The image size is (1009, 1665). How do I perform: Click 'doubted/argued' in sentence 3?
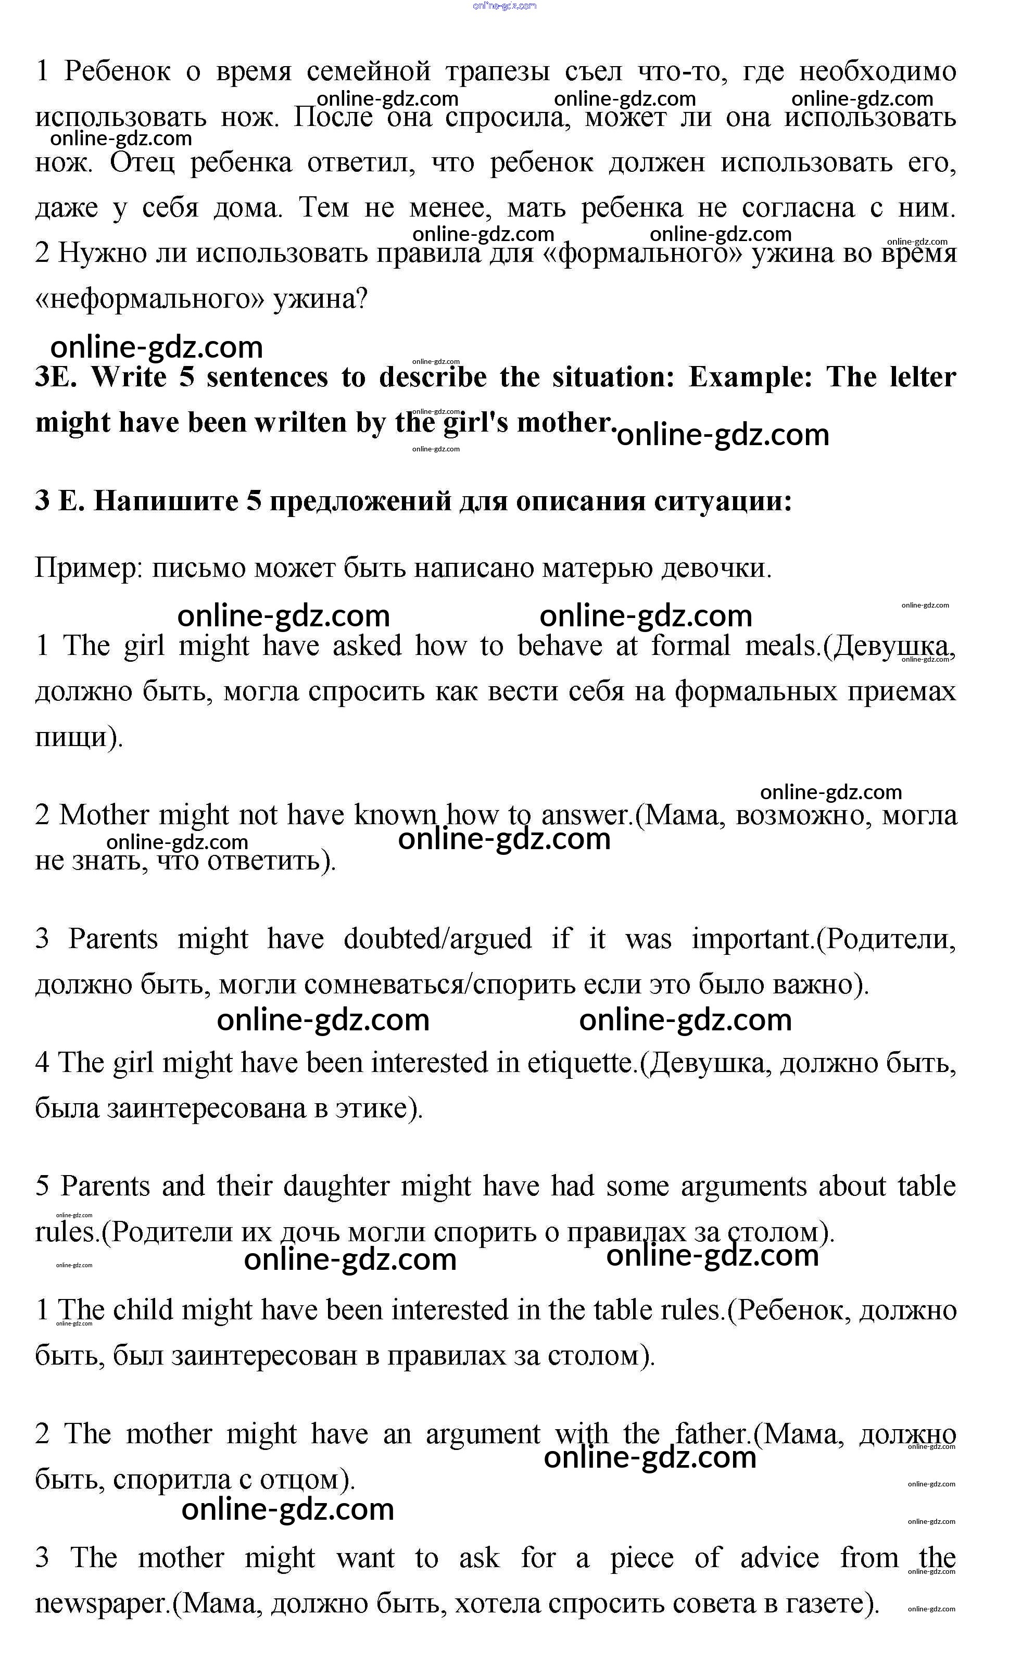click(x=437, y=939)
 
